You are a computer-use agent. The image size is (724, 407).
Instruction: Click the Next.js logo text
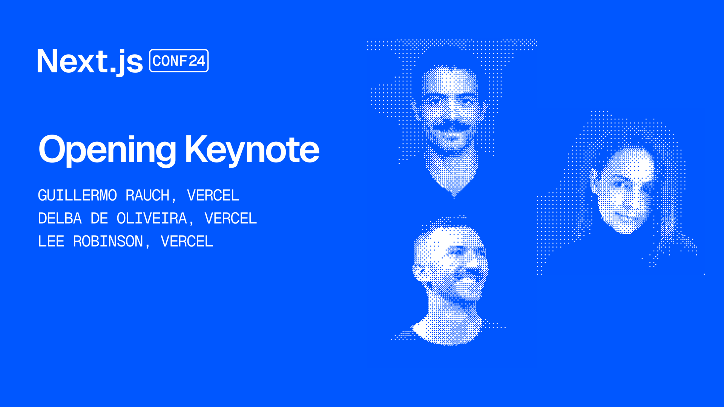[90, 61]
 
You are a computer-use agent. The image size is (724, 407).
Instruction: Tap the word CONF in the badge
[170, 61]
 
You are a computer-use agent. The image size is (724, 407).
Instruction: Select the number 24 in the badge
[196, 61]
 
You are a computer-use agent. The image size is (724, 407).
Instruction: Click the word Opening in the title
[107, 150]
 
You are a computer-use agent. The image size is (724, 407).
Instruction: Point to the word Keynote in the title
[252, 150]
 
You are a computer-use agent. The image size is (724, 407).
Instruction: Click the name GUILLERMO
[77, 196]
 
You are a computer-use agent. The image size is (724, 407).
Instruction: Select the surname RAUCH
[147, 196]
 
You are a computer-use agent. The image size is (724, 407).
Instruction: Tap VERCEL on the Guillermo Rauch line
[213, 196]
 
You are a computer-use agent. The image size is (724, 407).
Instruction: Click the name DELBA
[60, 219]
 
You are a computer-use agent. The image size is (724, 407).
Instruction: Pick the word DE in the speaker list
[99, 219]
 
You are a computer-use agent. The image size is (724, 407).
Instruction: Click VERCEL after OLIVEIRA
[230, 219]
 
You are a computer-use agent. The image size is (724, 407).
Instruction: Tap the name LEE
[51, 242]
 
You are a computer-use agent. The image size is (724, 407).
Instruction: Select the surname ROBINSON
[108, 242]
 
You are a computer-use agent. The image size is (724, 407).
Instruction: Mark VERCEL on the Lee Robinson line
[187, 242]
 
